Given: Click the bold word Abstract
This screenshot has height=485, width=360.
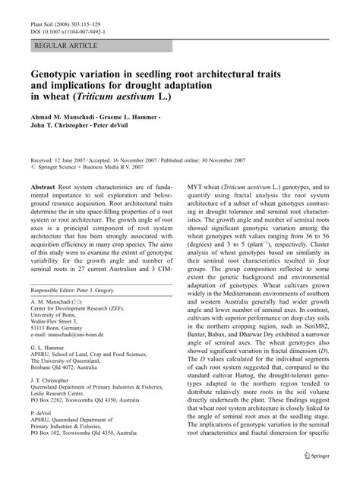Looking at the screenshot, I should [43, 187].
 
